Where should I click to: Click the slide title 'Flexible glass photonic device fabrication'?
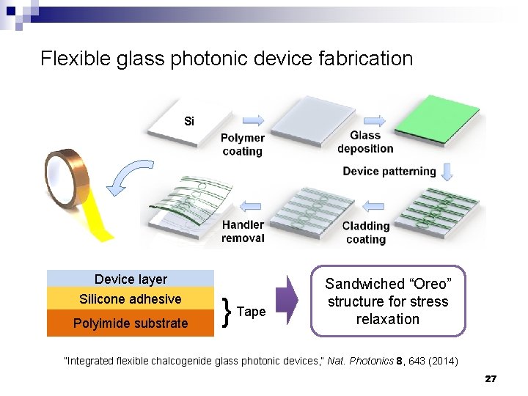point(227,59)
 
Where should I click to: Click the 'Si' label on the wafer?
point(189,121)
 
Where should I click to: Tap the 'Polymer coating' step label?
point(242,144)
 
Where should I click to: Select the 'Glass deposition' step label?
point(364,142)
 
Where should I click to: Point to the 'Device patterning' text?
point(389,172)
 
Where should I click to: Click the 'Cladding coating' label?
point(365,232)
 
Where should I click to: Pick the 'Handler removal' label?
point(243,231)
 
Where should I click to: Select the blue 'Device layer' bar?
point(131,279)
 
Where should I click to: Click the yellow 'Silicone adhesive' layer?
point(131,298)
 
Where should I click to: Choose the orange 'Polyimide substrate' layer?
point(131,323)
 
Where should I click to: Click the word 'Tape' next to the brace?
point(251,312)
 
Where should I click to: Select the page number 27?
point(491,379)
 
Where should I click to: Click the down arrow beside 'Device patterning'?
point(447,172)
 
